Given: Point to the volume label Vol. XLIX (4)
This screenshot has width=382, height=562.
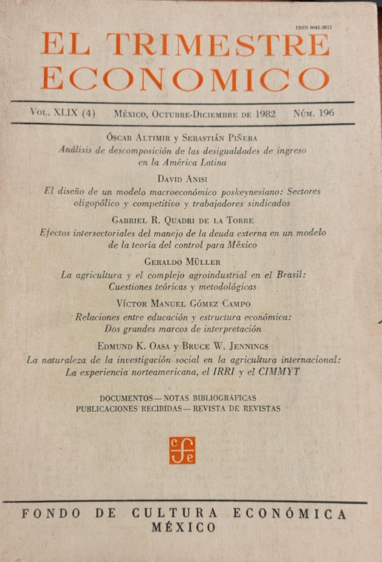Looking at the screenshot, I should click(x=62, y=113).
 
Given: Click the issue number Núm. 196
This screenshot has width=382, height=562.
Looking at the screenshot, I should click(x=314, y=113).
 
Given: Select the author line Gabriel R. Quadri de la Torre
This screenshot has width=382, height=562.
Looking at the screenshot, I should click(x=185, y=220).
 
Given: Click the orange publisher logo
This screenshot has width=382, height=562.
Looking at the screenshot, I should click(x=182, y=450).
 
